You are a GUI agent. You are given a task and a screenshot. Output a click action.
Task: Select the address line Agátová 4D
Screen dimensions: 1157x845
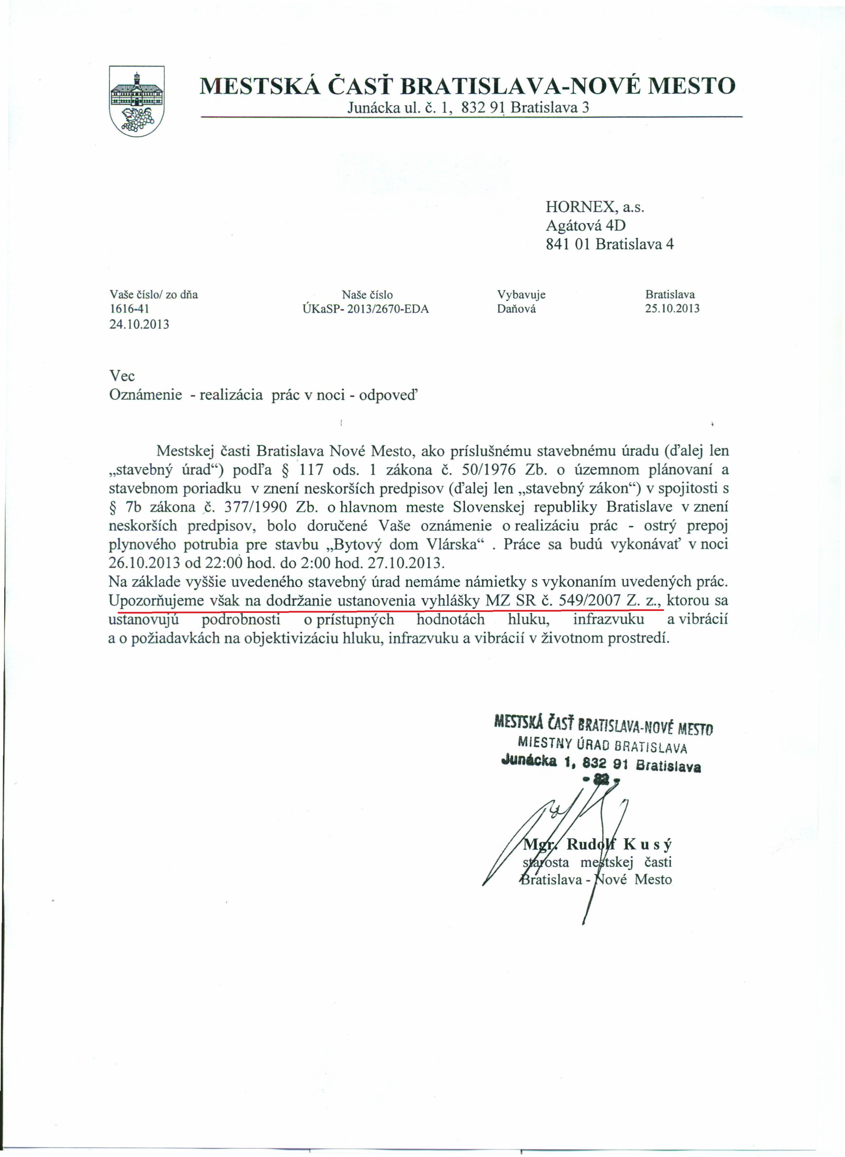coord(586,226)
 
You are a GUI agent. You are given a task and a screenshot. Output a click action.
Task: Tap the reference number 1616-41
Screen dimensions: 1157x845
coord(129,309)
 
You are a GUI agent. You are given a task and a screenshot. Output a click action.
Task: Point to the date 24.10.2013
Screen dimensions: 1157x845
coord(139,324)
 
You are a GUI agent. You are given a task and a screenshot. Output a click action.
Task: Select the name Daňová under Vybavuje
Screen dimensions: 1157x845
coord(516,309)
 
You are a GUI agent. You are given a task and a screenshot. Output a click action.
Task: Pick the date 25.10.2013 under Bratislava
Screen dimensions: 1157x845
coord(672,309)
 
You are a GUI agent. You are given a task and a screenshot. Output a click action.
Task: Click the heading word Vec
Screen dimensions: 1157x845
coord(122,377)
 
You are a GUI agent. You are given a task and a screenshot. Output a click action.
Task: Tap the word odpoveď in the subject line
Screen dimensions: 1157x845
coord(388,395)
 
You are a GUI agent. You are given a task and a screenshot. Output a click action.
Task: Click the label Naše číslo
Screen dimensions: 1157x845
coord(367,295)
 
